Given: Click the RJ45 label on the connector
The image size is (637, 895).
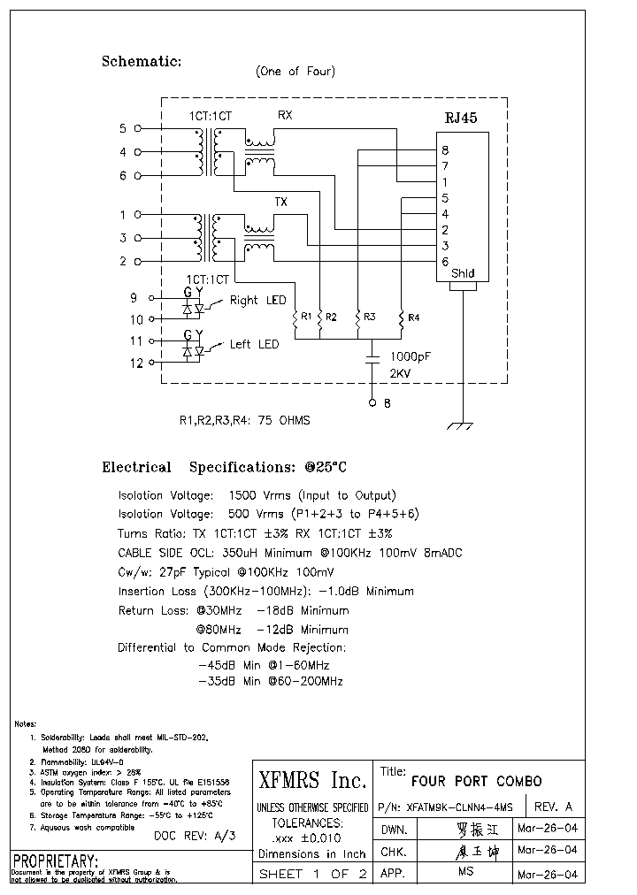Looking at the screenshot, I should (460, 119).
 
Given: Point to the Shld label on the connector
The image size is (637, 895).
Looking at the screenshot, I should (463, 274).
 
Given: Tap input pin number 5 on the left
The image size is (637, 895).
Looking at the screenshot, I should (123, 129).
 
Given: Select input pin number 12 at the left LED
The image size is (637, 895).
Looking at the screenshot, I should (135, 363).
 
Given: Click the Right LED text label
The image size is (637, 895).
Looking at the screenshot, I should (257, 301).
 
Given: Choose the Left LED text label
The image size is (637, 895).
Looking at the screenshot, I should (254, 344).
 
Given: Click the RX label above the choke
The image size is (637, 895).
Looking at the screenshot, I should (285, 116).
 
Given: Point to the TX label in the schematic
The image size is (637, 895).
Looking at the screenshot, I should (280, 203).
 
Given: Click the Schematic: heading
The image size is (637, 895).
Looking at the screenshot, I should (142, 62).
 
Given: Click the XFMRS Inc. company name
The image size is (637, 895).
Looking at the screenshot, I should (311, 780).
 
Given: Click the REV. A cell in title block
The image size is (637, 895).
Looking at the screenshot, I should (555, 806).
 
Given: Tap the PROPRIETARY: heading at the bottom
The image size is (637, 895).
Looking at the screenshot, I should (55, 861).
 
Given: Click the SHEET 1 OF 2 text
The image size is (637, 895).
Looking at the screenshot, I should (311, 874).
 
